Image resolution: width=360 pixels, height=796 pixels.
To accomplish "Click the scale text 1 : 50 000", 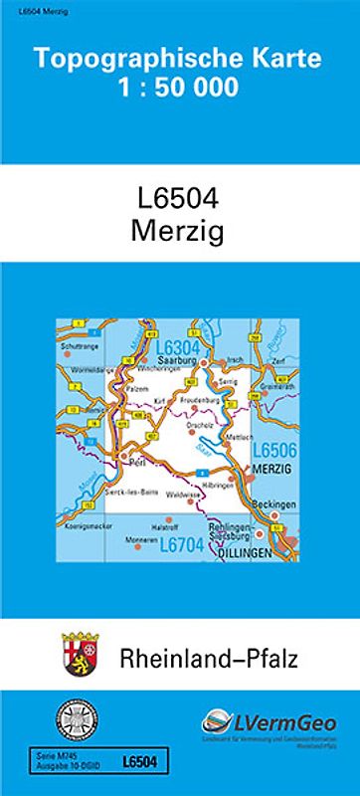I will [179, 89].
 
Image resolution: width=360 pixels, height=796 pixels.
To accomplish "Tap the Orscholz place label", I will [202, 419].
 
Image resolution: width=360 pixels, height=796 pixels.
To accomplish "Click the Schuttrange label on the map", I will [79, 346].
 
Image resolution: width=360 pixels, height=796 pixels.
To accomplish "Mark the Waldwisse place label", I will [185, 494].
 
